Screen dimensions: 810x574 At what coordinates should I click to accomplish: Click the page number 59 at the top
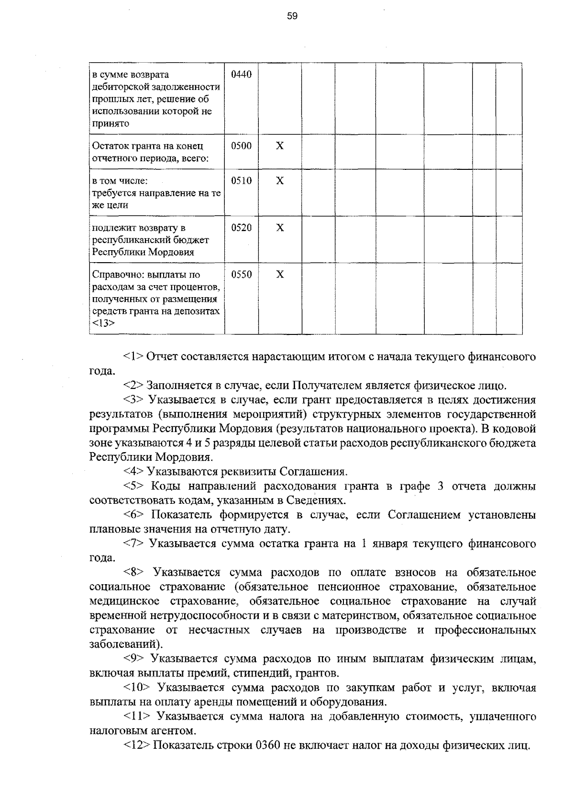(292, 16)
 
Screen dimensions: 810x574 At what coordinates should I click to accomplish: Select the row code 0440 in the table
(241, 75)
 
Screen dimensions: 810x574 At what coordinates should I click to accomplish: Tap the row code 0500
(241, 146)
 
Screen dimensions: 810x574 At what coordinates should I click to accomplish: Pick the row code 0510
(241, 181)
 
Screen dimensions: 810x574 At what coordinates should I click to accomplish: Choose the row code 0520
(241, 228)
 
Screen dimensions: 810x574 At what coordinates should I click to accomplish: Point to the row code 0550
(241, 275)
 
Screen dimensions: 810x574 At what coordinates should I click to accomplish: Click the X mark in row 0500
(280, 146)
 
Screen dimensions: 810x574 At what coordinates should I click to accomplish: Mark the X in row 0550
(280, 275)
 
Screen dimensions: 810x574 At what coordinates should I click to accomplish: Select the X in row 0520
(280, 228)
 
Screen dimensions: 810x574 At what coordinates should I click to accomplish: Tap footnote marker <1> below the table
(133, 357)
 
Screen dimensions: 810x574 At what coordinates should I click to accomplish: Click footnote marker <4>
(133, 472)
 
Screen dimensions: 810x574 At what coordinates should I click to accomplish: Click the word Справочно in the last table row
(115, 275)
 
